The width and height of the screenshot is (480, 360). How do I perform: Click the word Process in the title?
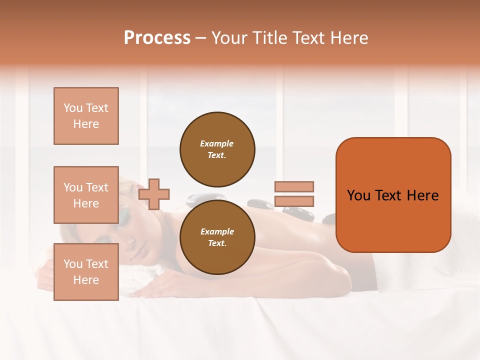click(157, 38)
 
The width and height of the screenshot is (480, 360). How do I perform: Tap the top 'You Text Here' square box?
click(86, 116)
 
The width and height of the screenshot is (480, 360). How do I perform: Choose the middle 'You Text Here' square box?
click(86, 195)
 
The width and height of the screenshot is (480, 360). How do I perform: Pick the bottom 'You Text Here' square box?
click(86, 272)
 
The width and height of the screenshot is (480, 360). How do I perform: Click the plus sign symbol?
click(154, 194)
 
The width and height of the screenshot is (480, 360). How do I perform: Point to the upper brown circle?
click(217, 149)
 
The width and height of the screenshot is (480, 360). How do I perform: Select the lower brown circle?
click(217, 237)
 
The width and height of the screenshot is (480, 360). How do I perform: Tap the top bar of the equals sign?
click(294, 186)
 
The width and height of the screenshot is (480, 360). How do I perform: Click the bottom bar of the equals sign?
click(294, 201)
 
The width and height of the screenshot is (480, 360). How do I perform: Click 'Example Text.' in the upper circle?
click(217, 149)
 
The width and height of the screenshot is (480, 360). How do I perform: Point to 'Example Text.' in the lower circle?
click(217, 237)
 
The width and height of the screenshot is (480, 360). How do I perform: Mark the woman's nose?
click(131, 244)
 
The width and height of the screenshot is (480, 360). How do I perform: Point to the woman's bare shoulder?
click(320, 260)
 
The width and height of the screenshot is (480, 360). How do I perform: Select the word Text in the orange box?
click(392, 195)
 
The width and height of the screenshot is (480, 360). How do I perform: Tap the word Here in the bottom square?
click(86, 280)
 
